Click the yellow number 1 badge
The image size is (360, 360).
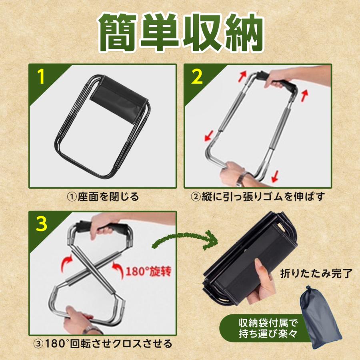tap(41, 77)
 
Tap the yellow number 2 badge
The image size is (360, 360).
tap(197, 77)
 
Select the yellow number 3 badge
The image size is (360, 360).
tap(41, 224)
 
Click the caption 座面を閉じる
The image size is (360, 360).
tap(103, 197)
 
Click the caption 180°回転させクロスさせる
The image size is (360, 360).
tap(103, 344)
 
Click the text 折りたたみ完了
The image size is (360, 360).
tap(316, 273)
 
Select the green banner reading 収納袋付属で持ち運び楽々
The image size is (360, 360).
tap(264, 328)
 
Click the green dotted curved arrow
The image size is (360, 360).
tap(185, 239)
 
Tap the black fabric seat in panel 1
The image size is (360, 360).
tap(118, 100)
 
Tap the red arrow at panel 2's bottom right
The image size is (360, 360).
tap(274, 176)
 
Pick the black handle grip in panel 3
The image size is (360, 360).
tap(103, 228)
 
